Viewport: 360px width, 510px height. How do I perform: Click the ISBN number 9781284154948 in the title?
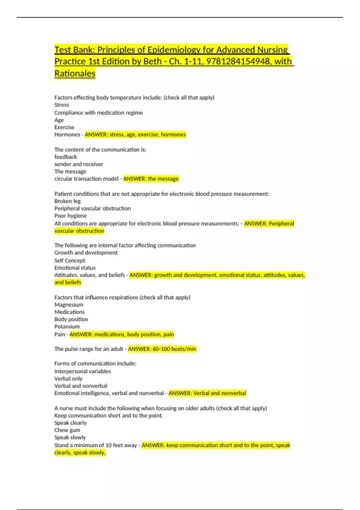tap(238, 61)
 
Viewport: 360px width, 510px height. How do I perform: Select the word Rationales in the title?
tap(75, 73)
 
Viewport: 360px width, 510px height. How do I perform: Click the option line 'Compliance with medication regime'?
tap(98, 112)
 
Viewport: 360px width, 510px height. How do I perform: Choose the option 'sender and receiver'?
tap(79, 164)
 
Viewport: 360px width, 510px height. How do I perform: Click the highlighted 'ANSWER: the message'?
tap(151, 179)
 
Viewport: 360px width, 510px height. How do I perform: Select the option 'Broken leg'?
tap(67, 201)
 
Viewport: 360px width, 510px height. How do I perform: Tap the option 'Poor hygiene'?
tap(70, 216)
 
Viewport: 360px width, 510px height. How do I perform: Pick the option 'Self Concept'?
tap(70, 260)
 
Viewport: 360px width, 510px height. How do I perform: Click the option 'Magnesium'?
tap(69, 304)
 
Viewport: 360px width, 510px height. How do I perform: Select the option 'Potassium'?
tap(67, 326)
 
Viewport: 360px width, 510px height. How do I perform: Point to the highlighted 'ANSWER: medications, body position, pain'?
tap(121, 334)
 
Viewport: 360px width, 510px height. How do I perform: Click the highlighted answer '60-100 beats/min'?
tap(174, 349)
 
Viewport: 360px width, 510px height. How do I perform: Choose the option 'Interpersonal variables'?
tap(82, 371)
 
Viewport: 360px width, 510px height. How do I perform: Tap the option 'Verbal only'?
tap(68, 379)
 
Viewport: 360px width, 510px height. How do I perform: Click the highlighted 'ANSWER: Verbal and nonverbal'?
tap(207, 393)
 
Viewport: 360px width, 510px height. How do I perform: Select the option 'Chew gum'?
tap(67, 430)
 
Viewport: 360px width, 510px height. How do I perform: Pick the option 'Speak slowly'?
tap(70, 437)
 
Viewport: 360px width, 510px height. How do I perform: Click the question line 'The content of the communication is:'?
tap(100, 149)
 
